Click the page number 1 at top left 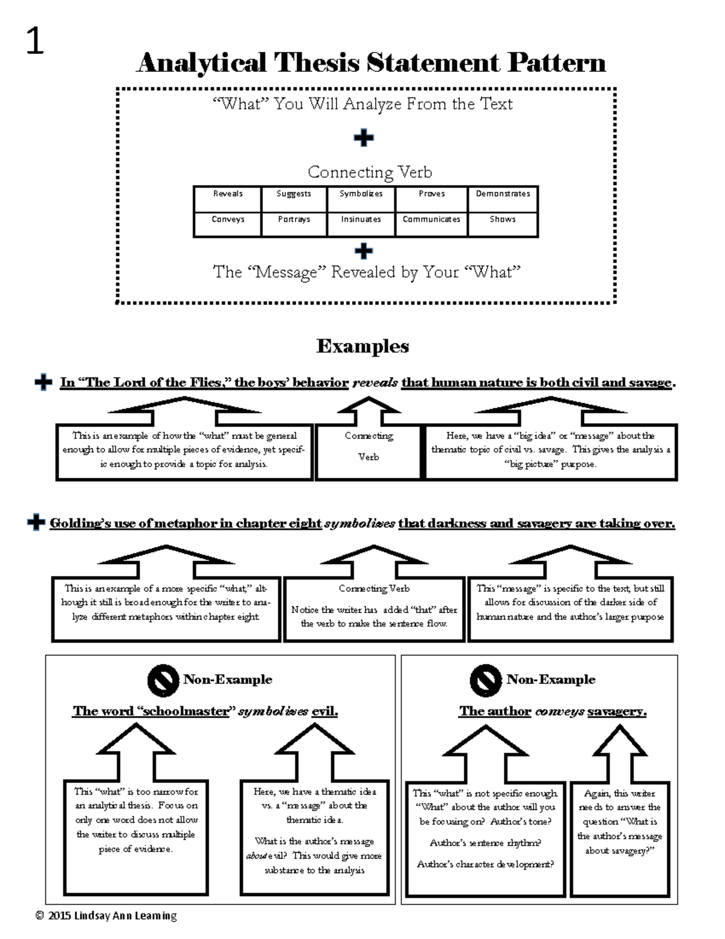pos(35,42)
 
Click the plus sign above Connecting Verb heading pos(364,138)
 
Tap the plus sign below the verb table pos(364,250)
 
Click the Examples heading pos(362,346)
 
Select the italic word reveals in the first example pos(375,383)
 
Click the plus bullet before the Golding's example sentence pos(36,522)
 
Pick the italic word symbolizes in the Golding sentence pos(359,524)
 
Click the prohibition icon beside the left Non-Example pos(163,680)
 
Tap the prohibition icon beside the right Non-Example pos(485,680)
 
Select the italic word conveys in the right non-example pos(559,712)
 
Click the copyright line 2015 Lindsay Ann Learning pos(106,915)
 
